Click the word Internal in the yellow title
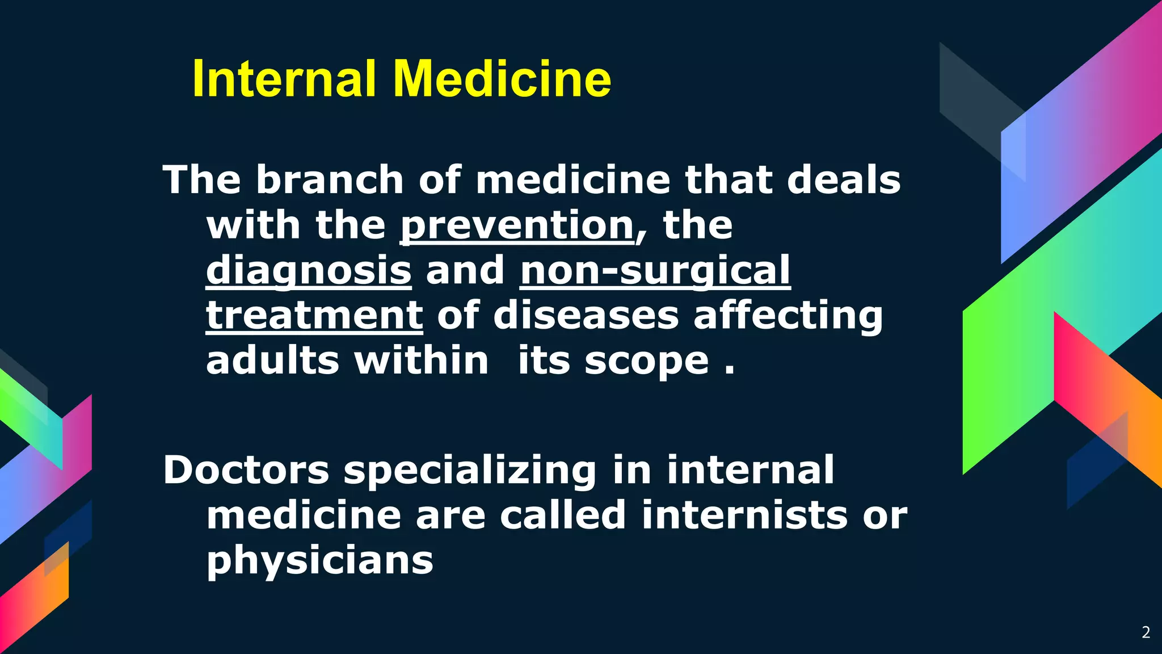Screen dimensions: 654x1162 (x=284, y=79)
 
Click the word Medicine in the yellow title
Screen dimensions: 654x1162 (x=502, y=79)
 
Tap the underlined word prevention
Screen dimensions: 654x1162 (x=517, y=225)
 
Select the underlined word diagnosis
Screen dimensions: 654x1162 (x=309, y=270)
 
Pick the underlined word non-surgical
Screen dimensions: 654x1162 (x=655, y=270)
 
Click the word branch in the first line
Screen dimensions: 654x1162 (x=330, y=180)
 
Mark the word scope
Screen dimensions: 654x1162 (x=647, y=362)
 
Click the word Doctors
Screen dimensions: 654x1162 (x=246, y=470)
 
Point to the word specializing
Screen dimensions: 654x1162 (x=470, y=471)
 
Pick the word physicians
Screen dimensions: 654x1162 (x=320, y=561)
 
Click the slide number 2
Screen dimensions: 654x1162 (x=1146, y=632)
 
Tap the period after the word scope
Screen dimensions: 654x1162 (x=730, y=372)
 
